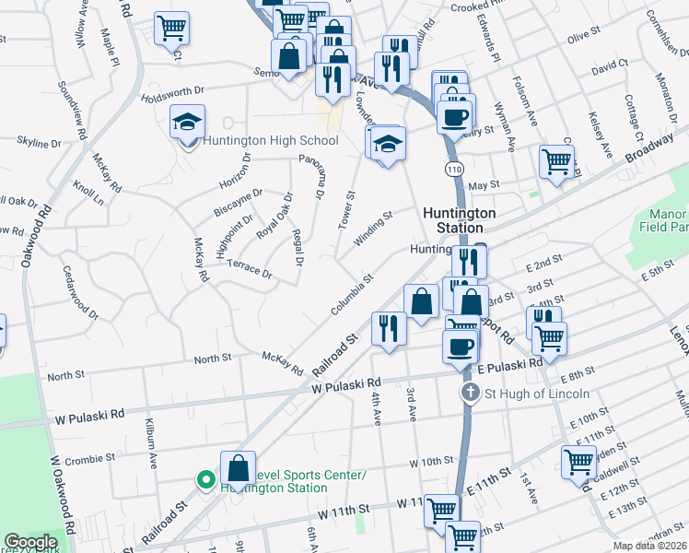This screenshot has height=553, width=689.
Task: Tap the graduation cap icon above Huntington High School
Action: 187,123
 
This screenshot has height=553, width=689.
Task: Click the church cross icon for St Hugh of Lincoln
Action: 470,394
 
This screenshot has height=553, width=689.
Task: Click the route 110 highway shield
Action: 452,170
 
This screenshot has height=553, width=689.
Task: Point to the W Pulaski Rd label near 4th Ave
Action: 345,384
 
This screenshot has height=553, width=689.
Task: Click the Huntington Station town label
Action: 459,219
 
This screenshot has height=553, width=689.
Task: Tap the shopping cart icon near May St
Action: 556,163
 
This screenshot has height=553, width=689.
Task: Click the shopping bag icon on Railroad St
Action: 238,468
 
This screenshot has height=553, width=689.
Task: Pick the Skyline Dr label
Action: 39,143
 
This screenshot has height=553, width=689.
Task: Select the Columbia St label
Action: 353,293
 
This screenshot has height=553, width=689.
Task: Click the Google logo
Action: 30,542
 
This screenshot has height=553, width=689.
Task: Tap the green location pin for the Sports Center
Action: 205,480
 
